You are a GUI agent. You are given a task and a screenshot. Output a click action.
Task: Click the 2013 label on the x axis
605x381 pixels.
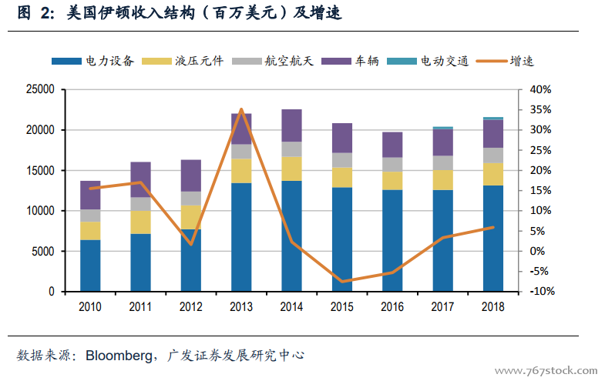(x=241, y=306)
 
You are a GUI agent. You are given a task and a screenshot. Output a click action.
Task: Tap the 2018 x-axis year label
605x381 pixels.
(x=492, y=306)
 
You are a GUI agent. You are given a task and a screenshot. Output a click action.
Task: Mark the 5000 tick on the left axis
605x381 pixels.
(x=43, y=252)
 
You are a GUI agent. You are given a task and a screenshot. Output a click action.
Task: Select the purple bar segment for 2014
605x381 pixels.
(x=291, y=125)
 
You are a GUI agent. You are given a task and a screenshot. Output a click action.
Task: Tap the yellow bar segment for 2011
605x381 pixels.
(x=140, y=222)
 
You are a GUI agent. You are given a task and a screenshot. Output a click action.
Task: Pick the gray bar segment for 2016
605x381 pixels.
(x=392, y=164)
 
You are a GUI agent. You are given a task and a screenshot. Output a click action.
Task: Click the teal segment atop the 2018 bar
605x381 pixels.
(x=492, y=119)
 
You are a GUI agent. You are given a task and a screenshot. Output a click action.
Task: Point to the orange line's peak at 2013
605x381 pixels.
(x=241, y=109)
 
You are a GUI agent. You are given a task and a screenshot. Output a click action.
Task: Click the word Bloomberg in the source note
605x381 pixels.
(x=118, y=356)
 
